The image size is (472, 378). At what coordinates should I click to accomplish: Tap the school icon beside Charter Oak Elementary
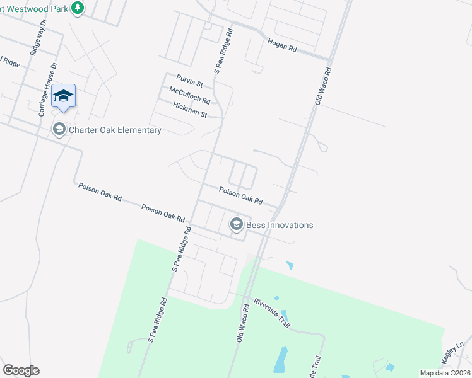(x=59, y=130)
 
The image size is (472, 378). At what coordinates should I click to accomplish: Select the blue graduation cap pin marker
(x=63, y=96)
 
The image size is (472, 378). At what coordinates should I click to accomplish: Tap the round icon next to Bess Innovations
(x=237, y=224)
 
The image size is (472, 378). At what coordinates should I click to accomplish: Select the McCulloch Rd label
(x=189, y=96)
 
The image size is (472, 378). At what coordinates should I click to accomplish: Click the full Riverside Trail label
(x=271, y=313)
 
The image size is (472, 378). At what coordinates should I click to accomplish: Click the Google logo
(x=21, y=370)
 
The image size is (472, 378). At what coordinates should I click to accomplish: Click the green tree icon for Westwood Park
(x=77, y=8)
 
